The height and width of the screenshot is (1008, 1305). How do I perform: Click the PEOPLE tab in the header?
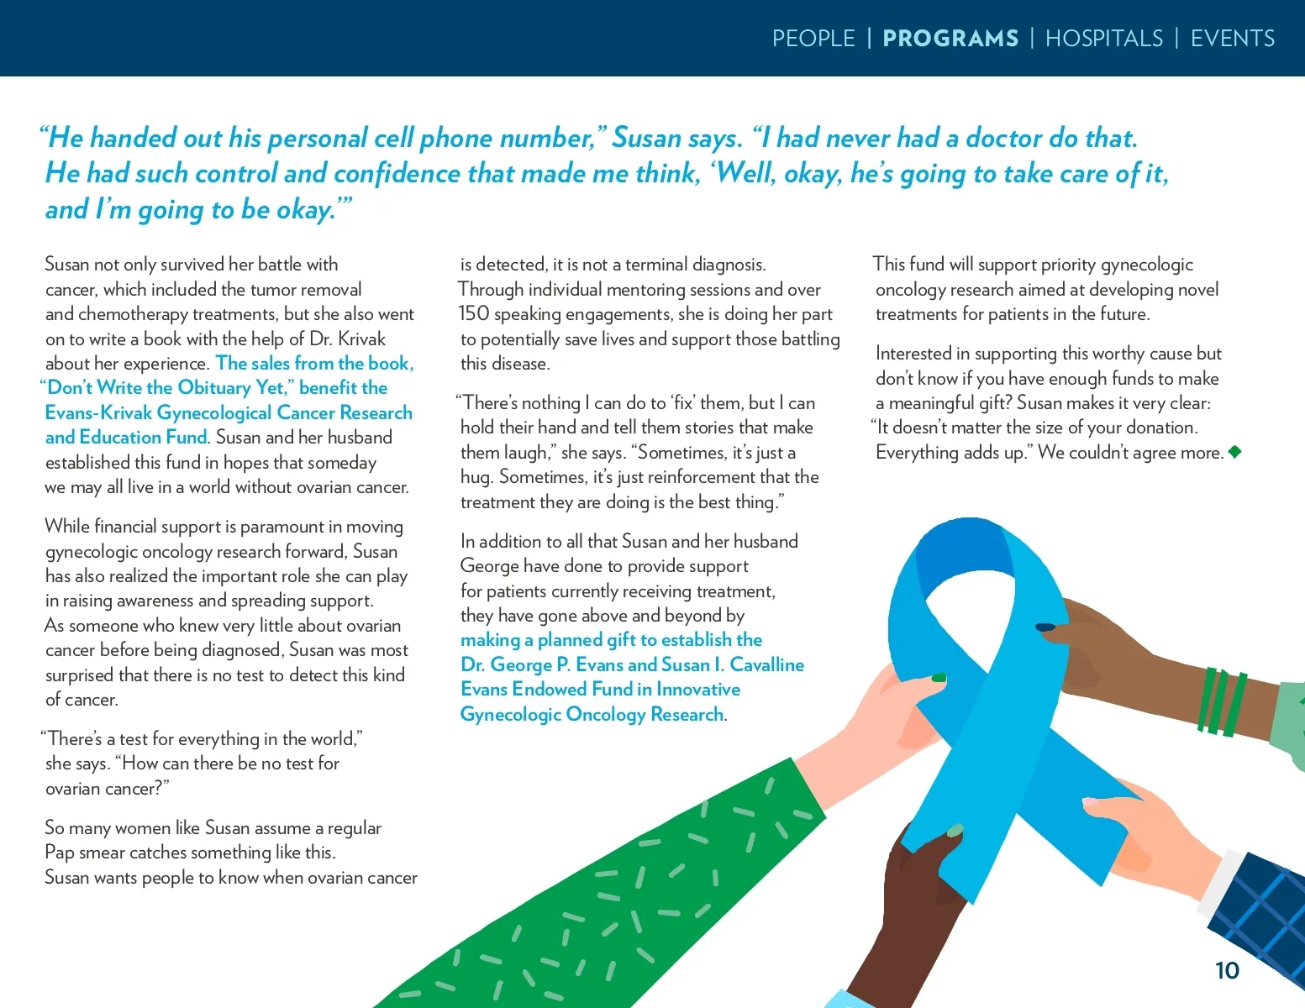pos(813,39)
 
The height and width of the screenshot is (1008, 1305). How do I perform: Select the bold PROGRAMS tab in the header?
pos(950,39)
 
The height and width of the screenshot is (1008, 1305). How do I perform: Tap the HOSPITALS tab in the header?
pos(1104,39)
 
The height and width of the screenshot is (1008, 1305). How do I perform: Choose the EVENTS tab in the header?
pos(1233,39)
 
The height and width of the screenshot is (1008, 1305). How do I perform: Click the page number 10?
pos(1227,970)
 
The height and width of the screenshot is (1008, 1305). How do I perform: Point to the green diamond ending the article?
pos(1234,452)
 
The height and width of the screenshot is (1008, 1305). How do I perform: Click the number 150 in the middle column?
pos(474,314)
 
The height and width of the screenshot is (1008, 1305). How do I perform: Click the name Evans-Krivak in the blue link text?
pos(98,412)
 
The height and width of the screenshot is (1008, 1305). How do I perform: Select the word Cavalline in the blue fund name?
pos(766,664)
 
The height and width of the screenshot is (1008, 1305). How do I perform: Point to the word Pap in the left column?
pos(59,853)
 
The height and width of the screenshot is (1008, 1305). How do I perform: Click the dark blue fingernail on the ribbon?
pos(1045,627)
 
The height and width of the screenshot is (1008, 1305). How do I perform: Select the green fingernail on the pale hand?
pos(939,677)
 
